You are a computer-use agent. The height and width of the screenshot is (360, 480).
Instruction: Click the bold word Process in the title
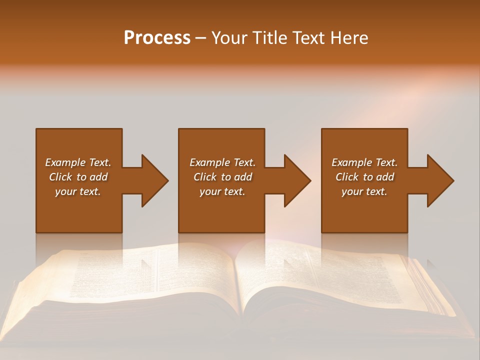(157, 38)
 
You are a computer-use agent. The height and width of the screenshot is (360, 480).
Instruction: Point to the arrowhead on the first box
(152, 180)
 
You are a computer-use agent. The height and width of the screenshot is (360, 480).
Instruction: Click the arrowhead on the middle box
(295, 180)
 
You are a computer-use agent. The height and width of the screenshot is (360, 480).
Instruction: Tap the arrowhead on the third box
(438, 180)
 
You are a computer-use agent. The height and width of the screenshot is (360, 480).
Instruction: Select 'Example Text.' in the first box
(78, 162)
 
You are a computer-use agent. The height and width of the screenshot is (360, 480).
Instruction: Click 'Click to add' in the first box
(78, 177)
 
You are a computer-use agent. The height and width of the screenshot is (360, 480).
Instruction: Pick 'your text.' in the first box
(78, 191)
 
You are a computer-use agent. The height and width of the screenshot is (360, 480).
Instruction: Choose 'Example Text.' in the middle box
(222, 162)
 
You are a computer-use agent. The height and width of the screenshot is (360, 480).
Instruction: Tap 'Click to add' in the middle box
(222, 177)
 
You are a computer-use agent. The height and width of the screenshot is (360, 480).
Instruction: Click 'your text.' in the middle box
(222, 191)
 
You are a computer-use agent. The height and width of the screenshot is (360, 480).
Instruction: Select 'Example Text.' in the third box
(364, 162)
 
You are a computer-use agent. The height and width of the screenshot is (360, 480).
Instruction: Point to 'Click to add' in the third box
(364, 177)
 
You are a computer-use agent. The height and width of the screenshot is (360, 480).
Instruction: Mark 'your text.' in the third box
(364, 191)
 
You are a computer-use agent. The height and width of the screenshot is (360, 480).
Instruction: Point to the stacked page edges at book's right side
(430, 290)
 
